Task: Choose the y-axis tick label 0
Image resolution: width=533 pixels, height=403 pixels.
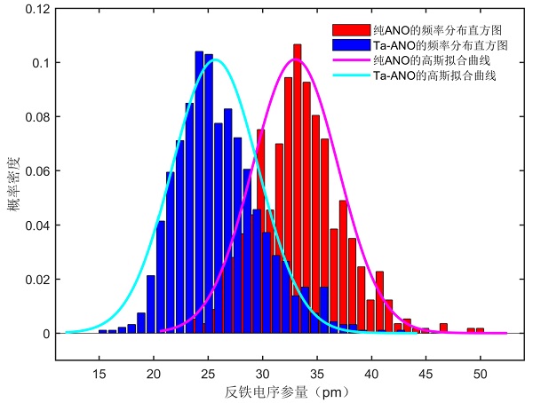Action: click(46, 334)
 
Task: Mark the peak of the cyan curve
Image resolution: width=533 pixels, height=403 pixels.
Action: click(216, 59)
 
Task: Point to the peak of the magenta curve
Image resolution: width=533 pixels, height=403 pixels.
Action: click(296, 59)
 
